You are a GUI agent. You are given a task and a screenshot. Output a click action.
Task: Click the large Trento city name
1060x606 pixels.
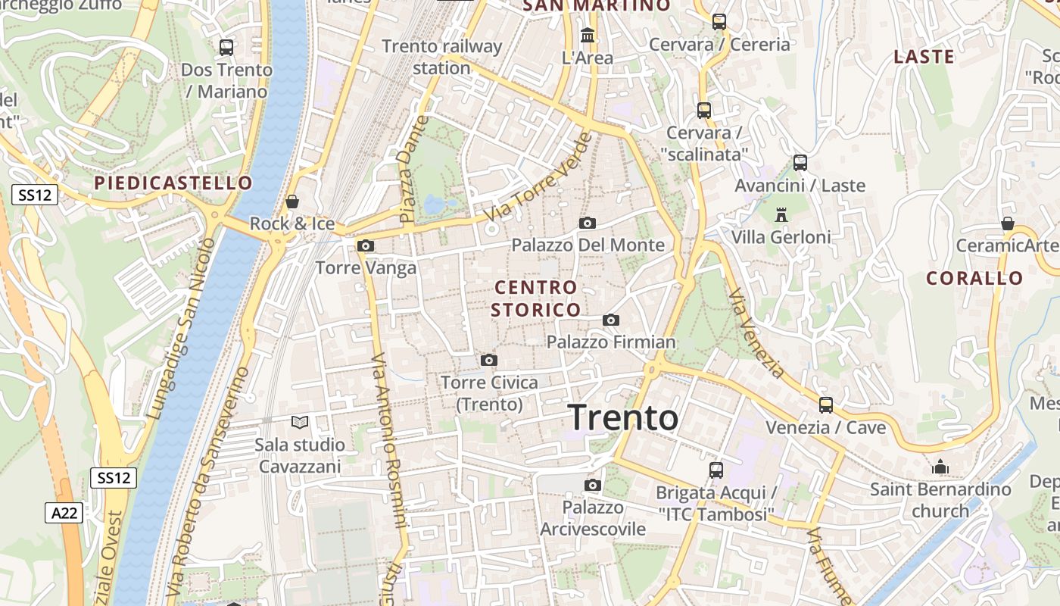coord(622,417)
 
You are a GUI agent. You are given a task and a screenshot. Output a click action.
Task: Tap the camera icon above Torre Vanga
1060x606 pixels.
coord(366,245)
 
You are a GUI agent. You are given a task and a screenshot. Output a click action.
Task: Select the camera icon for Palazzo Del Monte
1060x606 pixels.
coord(587,223)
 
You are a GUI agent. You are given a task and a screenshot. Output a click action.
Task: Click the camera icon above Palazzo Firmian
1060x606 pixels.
coord(611,320)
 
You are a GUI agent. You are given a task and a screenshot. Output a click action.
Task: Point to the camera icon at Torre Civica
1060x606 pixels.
coord(489,360)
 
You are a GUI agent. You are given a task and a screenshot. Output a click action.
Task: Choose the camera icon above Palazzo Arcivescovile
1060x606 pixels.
coord(592,485)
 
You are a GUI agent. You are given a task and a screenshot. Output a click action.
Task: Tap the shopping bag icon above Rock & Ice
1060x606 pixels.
coord(292,201)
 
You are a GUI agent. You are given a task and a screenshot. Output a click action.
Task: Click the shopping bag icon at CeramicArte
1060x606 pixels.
coord(1007,223)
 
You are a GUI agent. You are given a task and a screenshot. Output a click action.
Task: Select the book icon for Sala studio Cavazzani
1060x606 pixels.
coord(300,422)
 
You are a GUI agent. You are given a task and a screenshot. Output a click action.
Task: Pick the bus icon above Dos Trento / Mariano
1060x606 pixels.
coord(226,47)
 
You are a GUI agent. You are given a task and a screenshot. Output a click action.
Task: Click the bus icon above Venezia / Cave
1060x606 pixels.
coord(825,405)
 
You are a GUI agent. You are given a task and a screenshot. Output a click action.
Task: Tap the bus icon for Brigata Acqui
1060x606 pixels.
coord(715,470)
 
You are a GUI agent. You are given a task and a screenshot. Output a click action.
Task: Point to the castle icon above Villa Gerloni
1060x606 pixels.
coord(781,214)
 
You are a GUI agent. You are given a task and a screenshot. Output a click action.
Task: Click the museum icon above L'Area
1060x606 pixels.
coord(587,35)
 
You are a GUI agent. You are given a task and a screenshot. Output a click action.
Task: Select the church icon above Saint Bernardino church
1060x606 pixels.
coord(940,467)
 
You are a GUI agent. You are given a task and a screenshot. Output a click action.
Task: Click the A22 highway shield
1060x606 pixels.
coord(64,513)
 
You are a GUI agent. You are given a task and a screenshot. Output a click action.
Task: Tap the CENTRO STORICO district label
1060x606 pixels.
coord(536,298)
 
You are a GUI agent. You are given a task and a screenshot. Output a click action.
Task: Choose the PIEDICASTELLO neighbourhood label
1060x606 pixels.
coord(173,183)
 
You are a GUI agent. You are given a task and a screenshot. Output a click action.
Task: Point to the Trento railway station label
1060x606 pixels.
coord(442,57)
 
